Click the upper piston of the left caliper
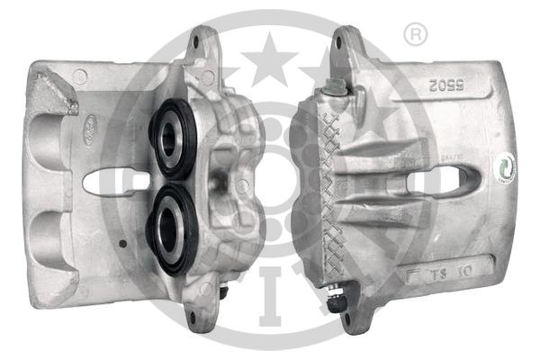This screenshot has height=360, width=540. point(172,138)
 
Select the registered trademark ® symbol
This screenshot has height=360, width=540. point(415,35)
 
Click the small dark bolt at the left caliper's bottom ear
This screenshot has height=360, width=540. point(220,292)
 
